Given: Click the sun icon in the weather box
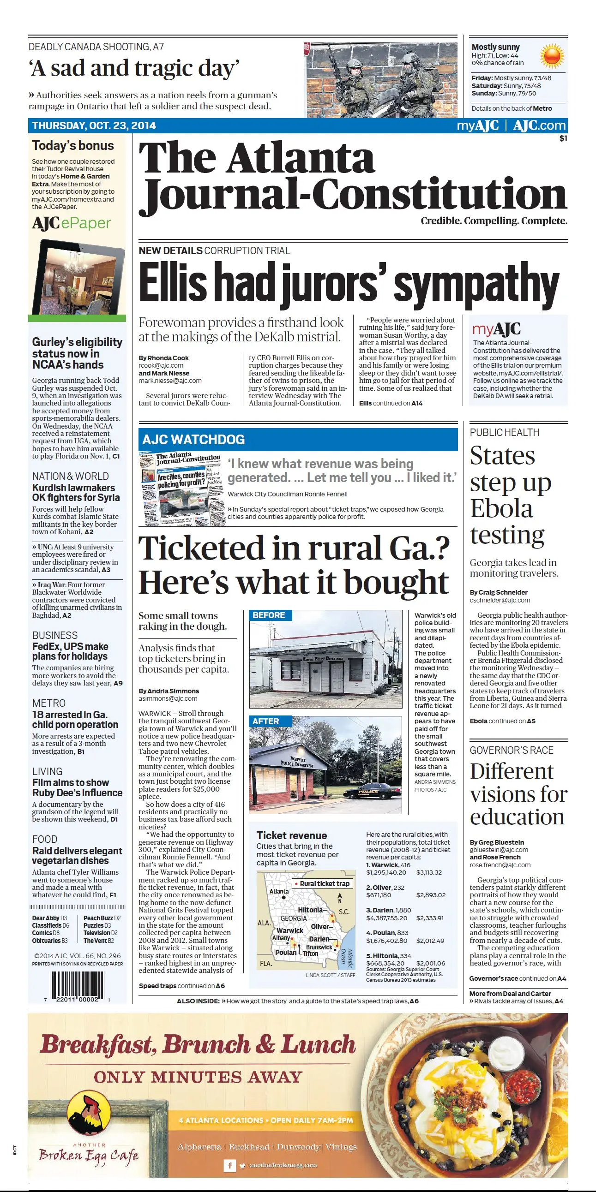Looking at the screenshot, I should point(552,55).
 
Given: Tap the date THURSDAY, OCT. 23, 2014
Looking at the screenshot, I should point(94,125).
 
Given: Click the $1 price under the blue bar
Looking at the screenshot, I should point(563,138).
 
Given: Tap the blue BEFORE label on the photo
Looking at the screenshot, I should point(269,615).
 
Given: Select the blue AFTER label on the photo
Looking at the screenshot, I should point(265,721).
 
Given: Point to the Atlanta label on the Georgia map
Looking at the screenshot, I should point(279,891).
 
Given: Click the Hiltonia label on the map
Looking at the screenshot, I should point(310,910).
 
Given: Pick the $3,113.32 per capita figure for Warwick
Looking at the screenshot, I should point(429,872).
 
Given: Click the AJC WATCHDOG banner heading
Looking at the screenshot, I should point(193,440).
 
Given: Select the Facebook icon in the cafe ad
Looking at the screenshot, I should point(229,1165).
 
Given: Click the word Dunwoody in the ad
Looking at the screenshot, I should point(298,1146).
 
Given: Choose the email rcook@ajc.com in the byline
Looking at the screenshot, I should point(161,365).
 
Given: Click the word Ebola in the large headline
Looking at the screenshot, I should point(501,508).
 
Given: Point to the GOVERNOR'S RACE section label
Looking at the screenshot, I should point(511,750).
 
